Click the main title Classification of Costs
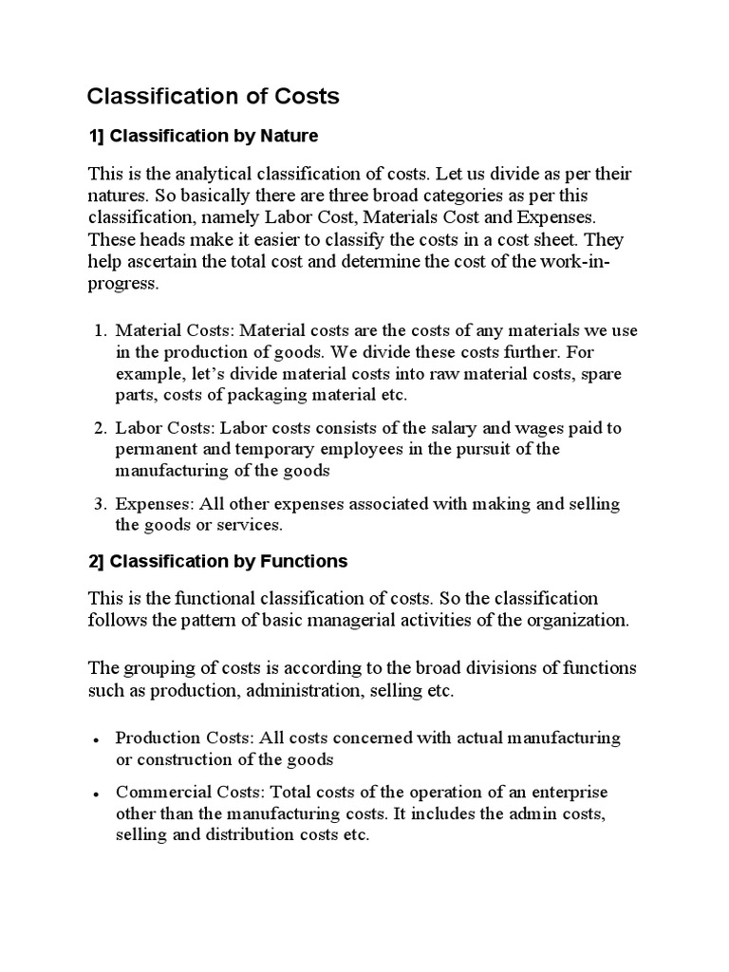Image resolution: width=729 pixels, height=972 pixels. (213, 96)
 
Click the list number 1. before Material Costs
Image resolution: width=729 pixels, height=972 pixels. (100, 330)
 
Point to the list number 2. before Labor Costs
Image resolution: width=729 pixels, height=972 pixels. (100, 428)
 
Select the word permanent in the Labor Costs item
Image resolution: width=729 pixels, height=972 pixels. (153, 449)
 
